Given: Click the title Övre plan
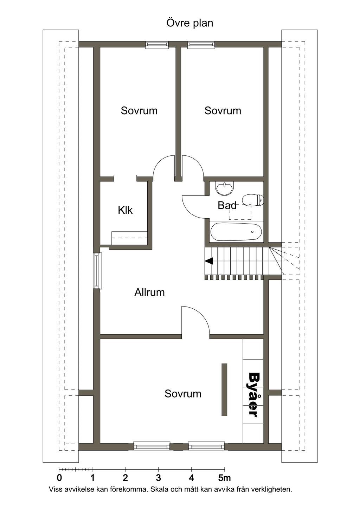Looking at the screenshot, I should tap(189, 23).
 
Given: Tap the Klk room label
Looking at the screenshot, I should tap(125, 210).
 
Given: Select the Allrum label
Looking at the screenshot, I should tap(149, 292).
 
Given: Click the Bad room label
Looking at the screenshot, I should tap(227, 205).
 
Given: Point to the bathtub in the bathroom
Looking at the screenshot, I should tap(236, 232).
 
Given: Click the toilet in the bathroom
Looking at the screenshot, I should tap(253, 200).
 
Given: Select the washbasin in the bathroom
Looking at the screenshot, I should tap(225, 188).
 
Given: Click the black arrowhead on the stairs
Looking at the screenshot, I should tap(209, 261).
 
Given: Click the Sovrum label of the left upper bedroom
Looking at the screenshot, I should tap(139, 111).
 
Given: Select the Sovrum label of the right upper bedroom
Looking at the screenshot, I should tap(223, 111).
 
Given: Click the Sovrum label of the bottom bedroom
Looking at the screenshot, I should tap(183, 394).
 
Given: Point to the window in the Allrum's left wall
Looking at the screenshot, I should tap(97, 271).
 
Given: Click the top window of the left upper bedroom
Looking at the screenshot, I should tap(157, 45).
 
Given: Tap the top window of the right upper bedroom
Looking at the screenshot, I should tap(201, 45).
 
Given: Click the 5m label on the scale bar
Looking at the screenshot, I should tap(225, 478).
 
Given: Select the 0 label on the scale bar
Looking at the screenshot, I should tap(59, 478).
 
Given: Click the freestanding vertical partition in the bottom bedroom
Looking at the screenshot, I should tap(224, 389).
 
